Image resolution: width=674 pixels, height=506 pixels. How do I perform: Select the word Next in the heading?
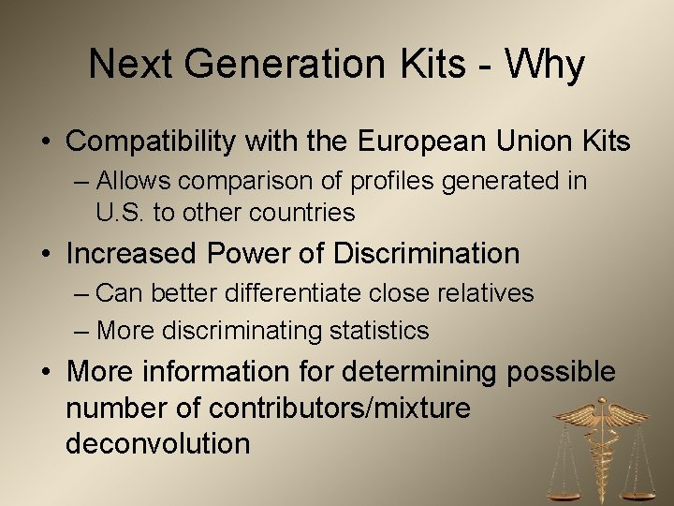126,65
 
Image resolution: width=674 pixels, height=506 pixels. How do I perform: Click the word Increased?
132,253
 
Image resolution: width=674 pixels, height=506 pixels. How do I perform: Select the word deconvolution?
158,442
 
